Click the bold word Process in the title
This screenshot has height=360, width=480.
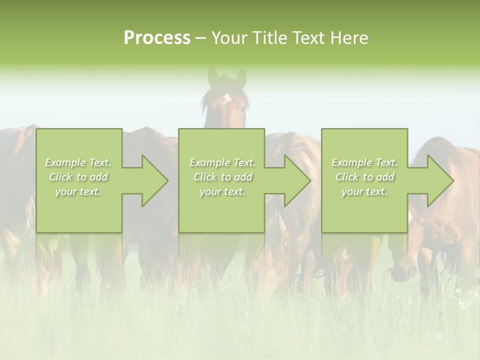157,38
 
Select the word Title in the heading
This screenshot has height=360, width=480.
272,38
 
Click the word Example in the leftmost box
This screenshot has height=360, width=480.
65,162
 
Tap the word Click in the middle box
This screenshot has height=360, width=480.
204,177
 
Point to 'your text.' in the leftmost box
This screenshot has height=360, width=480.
78,191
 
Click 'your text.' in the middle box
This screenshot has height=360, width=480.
222,191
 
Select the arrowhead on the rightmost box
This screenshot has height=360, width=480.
439,180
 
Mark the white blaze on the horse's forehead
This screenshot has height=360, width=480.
226,98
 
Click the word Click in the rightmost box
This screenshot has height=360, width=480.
346,177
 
